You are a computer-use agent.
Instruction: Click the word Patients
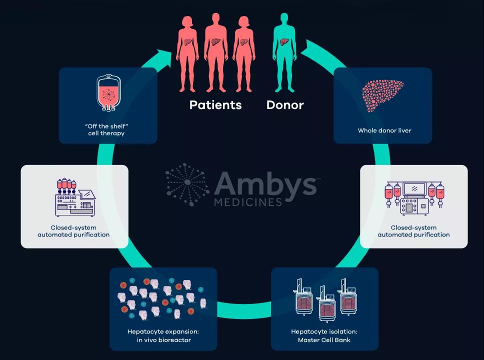215,105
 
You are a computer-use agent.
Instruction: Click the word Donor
285,105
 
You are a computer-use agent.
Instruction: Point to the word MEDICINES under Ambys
247,202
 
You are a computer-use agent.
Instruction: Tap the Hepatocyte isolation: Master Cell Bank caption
324,335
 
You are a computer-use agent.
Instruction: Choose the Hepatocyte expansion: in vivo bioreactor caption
163,335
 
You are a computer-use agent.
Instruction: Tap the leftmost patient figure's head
187,21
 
